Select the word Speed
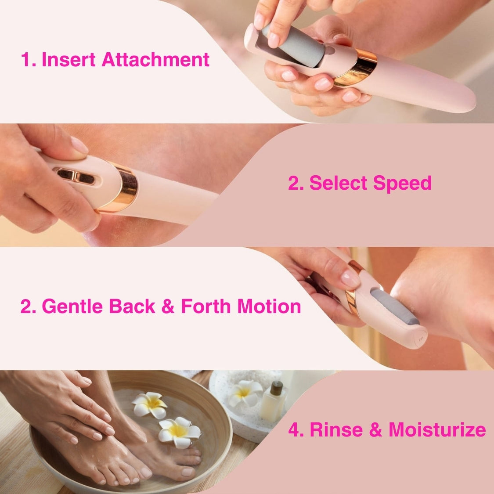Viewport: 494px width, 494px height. pyautogui.click(x=402, y=183)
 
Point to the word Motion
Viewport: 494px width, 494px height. pyautogui.click(x=269, y=306)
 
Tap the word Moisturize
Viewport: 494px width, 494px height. pyautogui.click(x=437, y=429)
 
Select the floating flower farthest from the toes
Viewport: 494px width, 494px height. pyautogui.click(x=149, y=404)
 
